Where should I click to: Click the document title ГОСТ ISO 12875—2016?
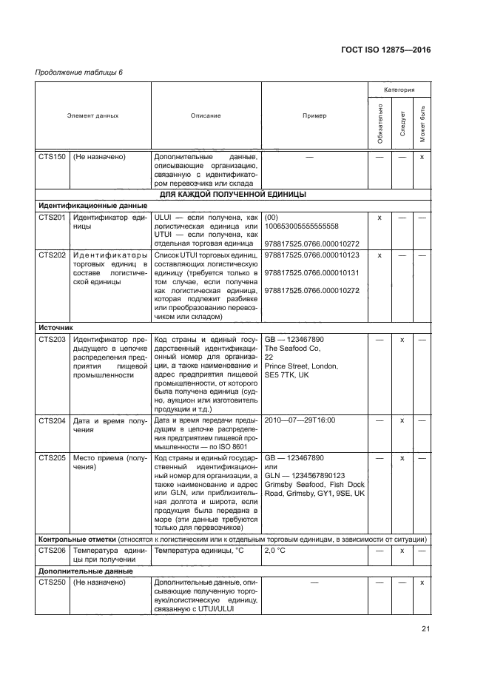point(386,50)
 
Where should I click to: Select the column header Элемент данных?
point(92,116)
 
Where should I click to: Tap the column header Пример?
point(314,116)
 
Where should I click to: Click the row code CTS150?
point(52,158)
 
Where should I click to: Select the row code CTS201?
point(52,218)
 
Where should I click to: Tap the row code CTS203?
point(52,339)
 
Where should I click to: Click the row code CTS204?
point(52,420)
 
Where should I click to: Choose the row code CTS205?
point(52,458)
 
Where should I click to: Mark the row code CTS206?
point(52,551)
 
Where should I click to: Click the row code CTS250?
point(52,584)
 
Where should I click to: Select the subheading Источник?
point(55,327)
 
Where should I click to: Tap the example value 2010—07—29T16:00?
point(300,420)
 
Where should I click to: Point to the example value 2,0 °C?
point(280,551)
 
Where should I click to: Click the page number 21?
point(425,629)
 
